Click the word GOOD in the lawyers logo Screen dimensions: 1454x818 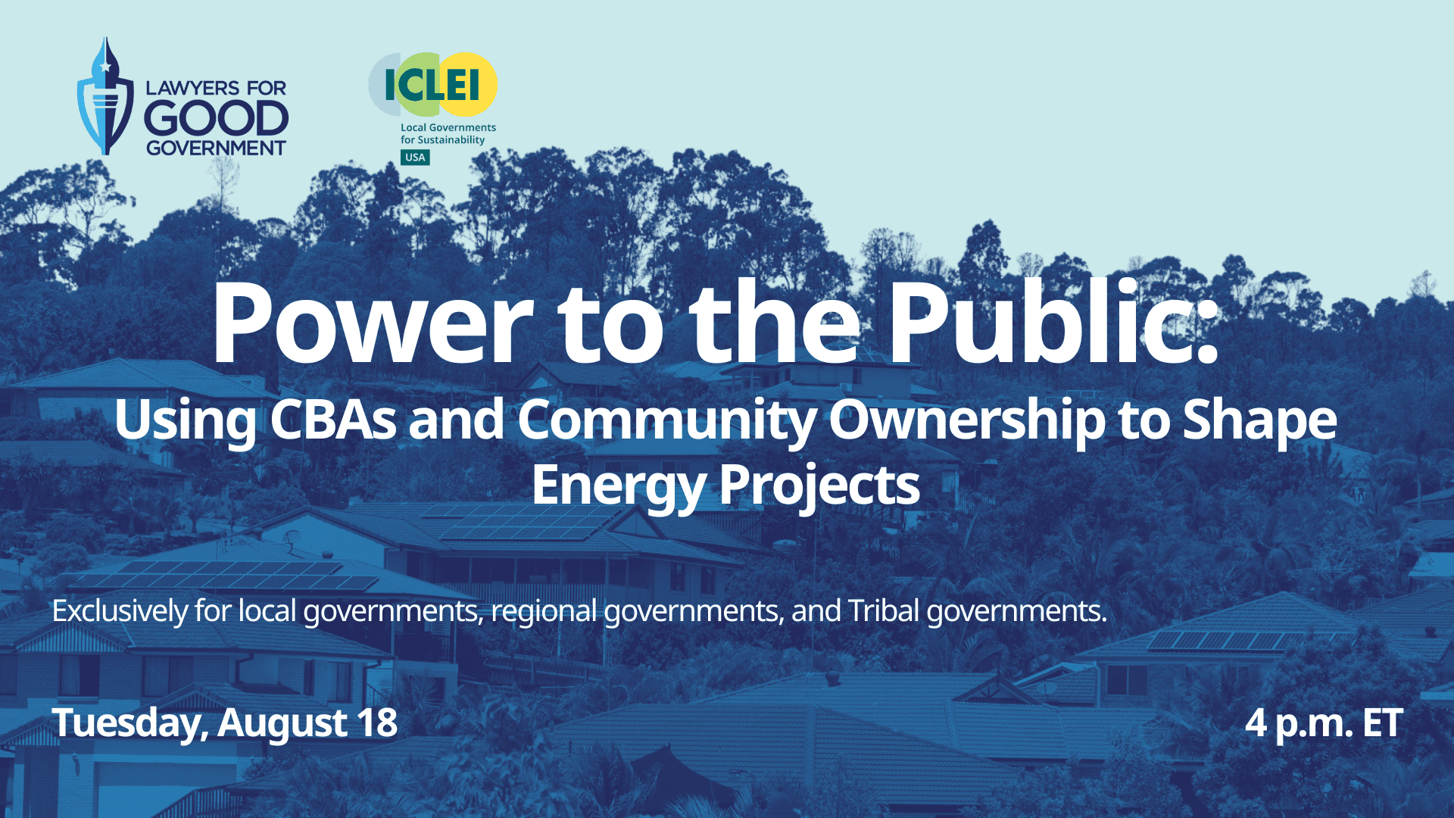click(x=216, y=119)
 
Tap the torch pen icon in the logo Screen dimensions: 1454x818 click(x=105, y=96)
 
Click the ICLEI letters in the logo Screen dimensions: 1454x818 click(x=432, y=84)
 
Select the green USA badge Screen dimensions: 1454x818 click(x=415, y=158)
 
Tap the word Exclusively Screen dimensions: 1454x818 click(x=120, y=611)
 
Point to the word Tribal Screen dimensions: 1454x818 click(x=883, y=610)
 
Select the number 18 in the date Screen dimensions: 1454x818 click(x=377, y=723)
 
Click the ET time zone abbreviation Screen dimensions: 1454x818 click(x=1382, y=723)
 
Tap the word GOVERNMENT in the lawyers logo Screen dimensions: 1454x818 click(x=216, y=148)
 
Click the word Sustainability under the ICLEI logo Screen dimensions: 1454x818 click(x=451, y=140)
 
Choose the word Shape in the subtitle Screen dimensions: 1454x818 click(x=1259, y=421)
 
